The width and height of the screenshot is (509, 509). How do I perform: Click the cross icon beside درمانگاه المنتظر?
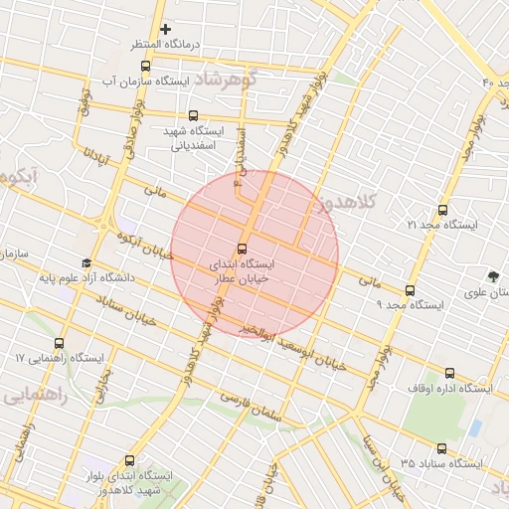[165, 29]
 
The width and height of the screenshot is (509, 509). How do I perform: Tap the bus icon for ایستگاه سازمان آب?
[146, 66]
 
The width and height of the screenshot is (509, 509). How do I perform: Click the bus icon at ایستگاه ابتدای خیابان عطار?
[242, 248]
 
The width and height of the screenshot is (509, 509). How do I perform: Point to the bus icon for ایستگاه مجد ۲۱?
[442, 210]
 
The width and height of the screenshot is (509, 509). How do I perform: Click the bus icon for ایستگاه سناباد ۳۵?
[442, 447]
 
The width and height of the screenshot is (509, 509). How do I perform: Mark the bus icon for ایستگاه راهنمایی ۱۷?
[60, 343]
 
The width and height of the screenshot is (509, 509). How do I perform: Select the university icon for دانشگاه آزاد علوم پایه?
[86, 264]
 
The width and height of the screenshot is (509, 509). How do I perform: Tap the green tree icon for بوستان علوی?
[493, 276]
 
